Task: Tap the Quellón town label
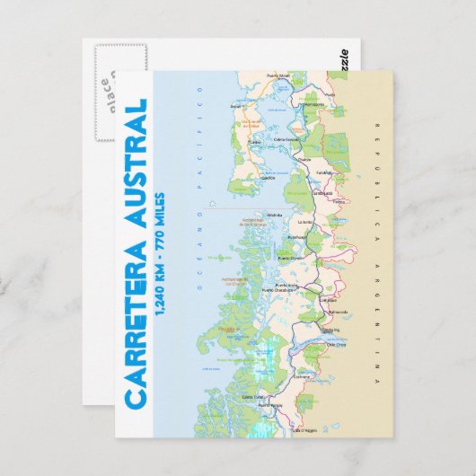(267, 178)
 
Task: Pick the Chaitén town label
(304, 159)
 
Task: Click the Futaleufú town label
(325, 173)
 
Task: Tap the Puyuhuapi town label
(297, 238)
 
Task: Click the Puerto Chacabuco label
(273, 290)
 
